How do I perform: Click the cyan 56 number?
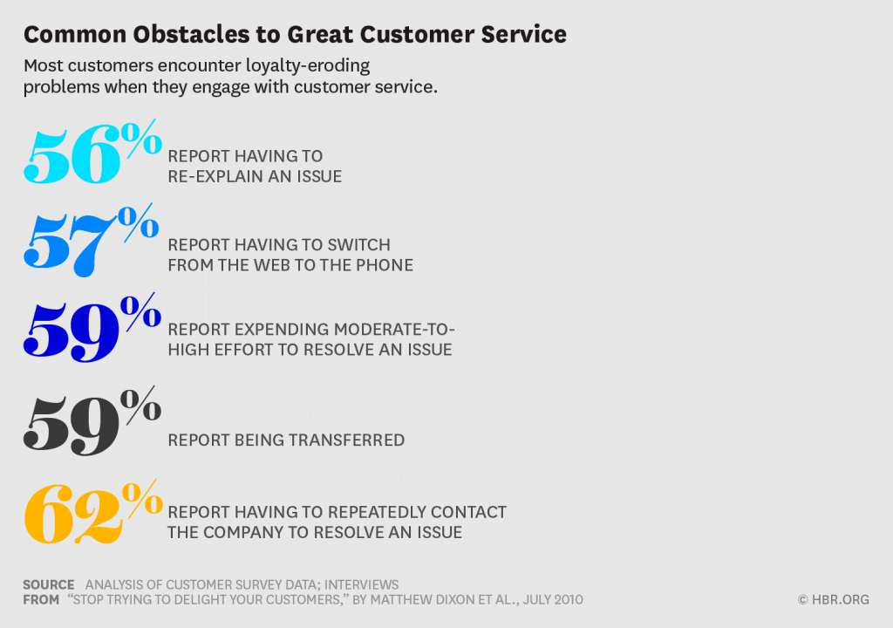click(x=72, y=156)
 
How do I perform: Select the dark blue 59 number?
click(x=72, y=332)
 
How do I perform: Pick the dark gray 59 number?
click(x=72, y=425)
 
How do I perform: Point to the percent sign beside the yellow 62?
click(x=143, y=499)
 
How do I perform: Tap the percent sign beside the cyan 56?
click(x=142, y=138)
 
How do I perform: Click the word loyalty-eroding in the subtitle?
click(x=308, y=66)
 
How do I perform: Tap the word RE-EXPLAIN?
click(x=216, y=177)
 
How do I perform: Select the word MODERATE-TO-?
click(x=395, y=330)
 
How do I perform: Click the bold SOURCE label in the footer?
click(x=49, y=585)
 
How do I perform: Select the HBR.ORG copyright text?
click(x=834, y=600)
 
